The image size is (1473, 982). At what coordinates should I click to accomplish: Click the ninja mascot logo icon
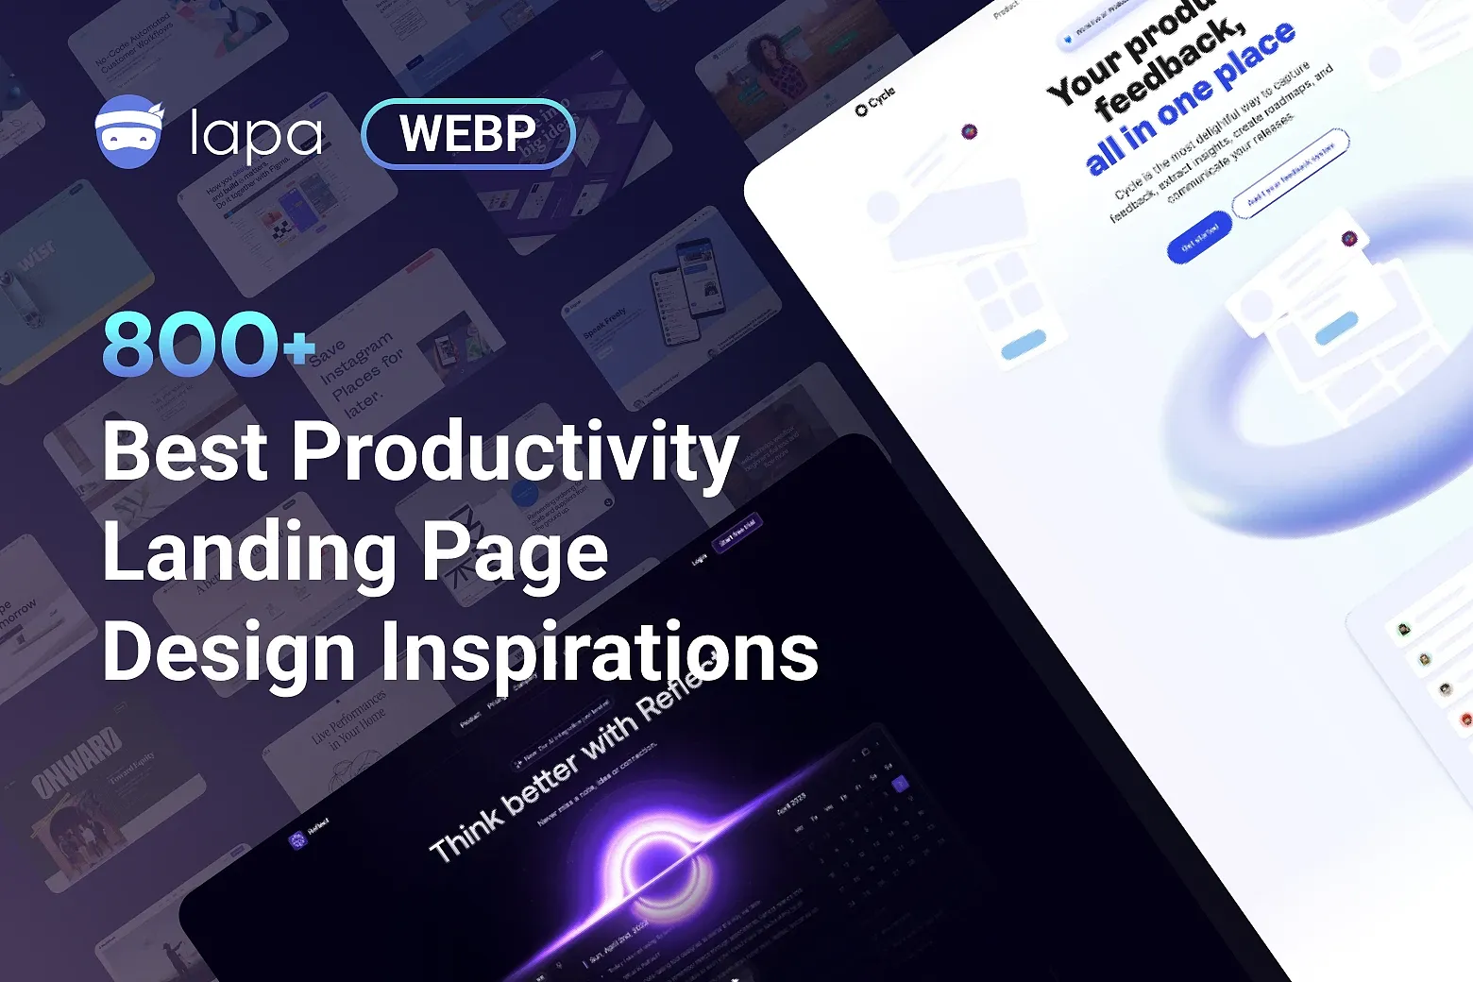[x=130, y=132]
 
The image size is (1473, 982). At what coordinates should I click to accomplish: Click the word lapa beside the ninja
[x=255, y=135]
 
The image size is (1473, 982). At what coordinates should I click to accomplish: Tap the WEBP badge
[x=468, y=134]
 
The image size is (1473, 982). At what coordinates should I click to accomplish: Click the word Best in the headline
[x=185, y=451]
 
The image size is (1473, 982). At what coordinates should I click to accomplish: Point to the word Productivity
[x=515, y=453]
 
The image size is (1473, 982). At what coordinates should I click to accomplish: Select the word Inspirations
[x=600, y=653]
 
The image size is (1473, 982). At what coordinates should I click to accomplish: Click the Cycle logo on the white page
[x=875, y=101]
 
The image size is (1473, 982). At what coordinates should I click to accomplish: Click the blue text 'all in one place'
[x=1190, y=99]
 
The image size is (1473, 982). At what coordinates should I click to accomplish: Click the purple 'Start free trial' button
[x=737, y=532]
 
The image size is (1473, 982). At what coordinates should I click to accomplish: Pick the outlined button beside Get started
[x=1290, y=173]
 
